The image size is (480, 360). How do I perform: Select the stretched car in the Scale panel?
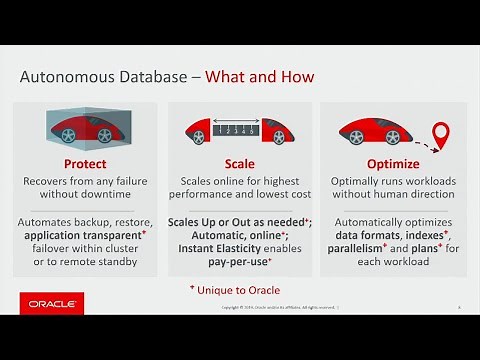tap(239, 130)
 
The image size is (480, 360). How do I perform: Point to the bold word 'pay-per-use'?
tap(238, 261)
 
